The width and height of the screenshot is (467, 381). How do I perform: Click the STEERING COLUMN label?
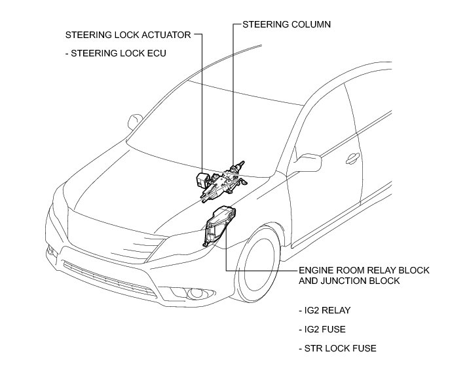(x=286, y=25)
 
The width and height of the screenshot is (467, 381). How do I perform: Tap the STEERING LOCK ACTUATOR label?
(x=128, y=35)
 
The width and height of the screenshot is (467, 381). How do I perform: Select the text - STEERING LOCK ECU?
(x=117, y=54)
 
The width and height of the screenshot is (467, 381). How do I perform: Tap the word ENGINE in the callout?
(x=315, y=270)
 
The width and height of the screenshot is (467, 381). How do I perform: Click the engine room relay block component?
(x=219, y=227)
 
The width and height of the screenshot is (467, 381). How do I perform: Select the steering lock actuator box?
(x=204, y=178)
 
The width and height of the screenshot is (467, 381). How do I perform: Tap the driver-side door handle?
(x=352, y=157)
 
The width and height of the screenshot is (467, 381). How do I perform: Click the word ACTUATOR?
(x=168, y=35)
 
